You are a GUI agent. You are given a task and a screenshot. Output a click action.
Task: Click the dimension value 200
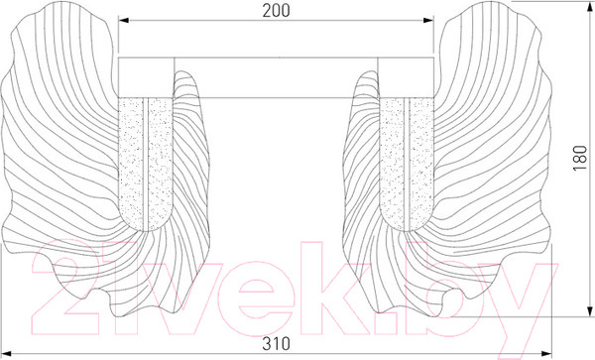click(276, 11)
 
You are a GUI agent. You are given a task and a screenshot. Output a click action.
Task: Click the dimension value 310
click(276, 344)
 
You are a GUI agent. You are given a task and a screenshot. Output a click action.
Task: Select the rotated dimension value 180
click(580, 159)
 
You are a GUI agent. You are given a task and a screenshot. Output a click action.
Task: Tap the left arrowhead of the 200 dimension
click(124, 20)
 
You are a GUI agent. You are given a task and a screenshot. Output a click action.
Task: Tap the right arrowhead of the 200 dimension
click(428, 20)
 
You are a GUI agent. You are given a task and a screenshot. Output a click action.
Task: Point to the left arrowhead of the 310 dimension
click(8, 354)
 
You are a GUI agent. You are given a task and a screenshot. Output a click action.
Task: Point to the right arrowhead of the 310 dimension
click(545, 354)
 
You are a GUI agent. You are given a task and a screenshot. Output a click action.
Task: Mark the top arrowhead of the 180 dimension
click(590, 7)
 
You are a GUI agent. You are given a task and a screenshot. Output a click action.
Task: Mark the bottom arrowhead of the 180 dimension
click(590, 310)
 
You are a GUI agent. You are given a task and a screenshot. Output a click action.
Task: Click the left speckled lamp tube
click(146, 164)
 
